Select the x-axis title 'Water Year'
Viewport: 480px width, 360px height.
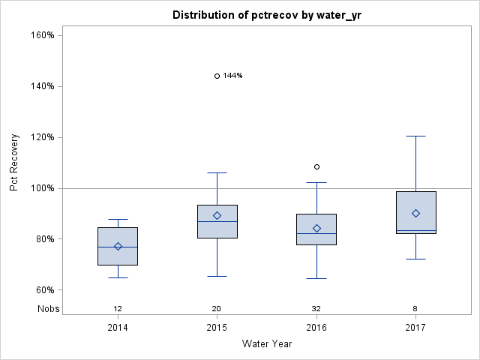click(x=266, y=344)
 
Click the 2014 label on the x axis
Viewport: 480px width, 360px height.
click(x=118, y=328)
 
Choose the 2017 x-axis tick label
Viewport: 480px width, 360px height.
click(x=415, y=328)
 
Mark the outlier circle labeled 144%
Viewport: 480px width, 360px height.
click(x=217, y=76)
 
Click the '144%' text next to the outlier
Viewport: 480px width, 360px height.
click(x=232, y=76)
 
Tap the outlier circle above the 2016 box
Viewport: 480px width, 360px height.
click(x=316, y=166)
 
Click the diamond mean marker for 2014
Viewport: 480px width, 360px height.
click(x=118, y=246)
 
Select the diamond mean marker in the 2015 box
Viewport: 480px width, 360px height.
click(x=217, y=215)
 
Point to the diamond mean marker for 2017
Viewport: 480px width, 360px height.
click(x=415, y=213)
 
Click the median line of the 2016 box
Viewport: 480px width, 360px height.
click(x=316, y=234)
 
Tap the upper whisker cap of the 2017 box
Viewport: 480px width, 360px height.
click(x=415, y=136)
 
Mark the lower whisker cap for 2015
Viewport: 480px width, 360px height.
click(x=217, y=276)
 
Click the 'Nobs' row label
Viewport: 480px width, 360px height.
click(x=48, y=309)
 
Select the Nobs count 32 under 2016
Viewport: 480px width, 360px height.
click(x=316, y=309)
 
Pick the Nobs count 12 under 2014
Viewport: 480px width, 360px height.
click(x=118, y=309)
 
